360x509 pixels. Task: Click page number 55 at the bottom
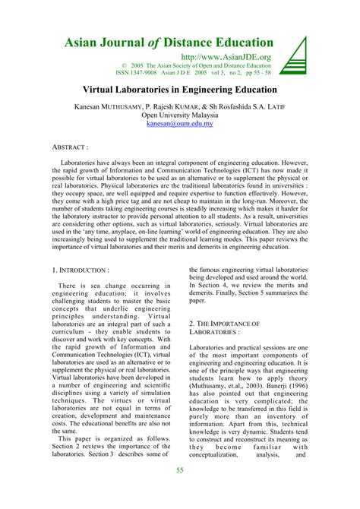(180, 492)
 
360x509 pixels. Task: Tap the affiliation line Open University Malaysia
(180, 112)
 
